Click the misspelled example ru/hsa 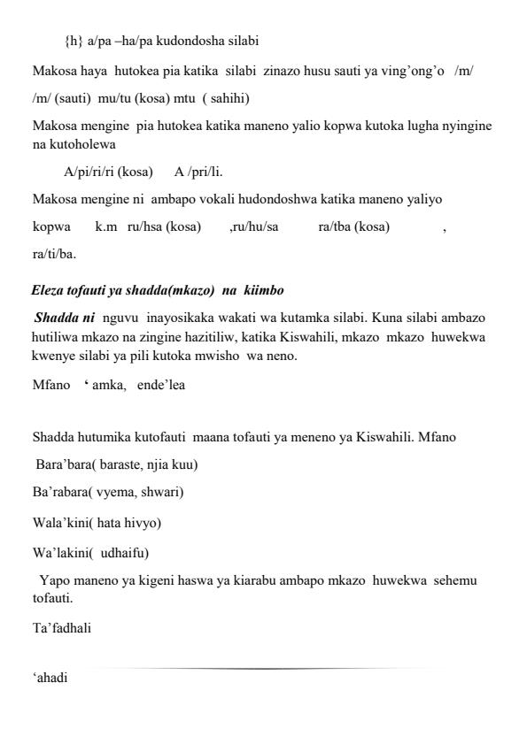click(145, 227)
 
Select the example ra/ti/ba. click(54, 255)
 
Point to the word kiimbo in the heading click(263, 289)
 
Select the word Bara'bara click(64, 464)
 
